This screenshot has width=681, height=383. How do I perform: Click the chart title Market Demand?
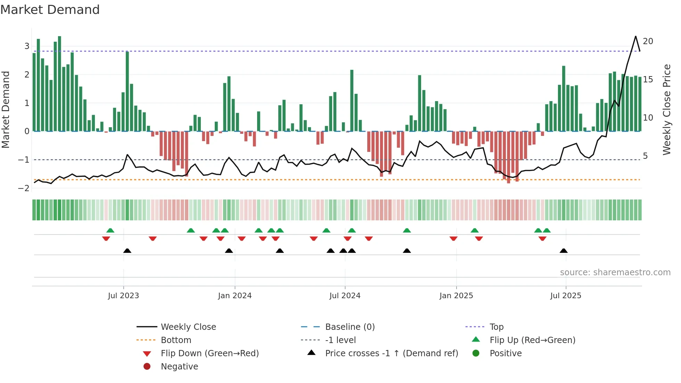(x=50, y=10)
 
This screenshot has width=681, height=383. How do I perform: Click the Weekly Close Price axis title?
(x=666, y=109)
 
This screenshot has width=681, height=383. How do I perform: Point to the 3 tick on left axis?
(x=27, y=46)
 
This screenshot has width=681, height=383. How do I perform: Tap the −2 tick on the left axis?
(x=24, y=188)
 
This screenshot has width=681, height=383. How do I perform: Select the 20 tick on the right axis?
(x=648, y=41)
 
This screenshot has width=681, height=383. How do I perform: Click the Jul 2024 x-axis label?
(x=345, y=296)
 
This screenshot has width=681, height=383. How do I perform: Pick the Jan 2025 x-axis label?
(x=456, y=296)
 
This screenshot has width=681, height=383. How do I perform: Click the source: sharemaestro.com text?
(x=615, y=272)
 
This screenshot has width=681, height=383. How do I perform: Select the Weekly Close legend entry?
(x=188, y=327)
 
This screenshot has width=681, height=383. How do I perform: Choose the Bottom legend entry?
(x=176, y=340)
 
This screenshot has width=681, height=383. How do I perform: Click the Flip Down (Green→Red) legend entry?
(x=210, y=353)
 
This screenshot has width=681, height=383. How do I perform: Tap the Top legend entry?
(x=497, y=327)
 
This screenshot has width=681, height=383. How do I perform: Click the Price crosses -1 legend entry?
(x=391, y=353)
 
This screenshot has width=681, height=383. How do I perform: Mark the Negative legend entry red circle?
(x=147, y=367)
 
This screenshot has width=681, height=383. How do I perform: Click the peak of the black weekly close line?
(x=635, y=36)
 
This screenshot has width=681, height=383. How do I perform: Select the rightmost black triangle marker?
(x=564, y=251)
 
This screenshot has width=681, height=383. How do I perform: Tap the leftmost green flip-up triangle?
(x=110, y=230)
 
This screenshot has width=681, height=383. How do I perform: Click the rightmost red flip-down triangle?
(x=542, y=238)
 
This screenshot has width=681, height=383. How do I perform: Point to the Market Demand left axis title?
(x=6, y=109)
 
